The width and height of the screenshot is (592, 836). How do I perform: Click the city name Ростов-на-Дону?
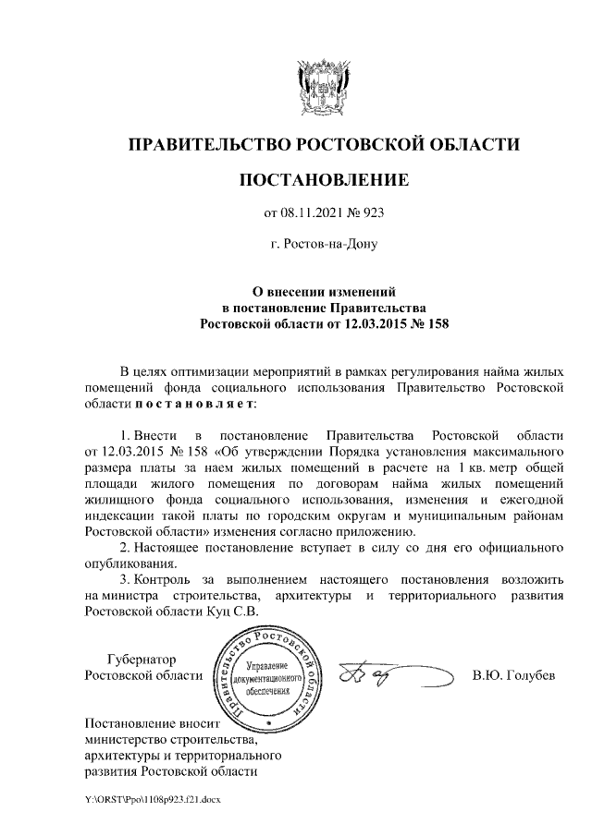coord(324,245)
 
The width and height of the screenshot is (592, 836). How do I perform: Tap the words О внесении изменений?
coord(324,290)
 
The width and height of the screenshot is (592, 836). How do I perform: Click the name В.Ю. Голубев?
coord(513,675)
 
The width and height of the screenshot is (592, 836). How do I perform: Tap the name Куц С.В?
coord(232,612)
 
